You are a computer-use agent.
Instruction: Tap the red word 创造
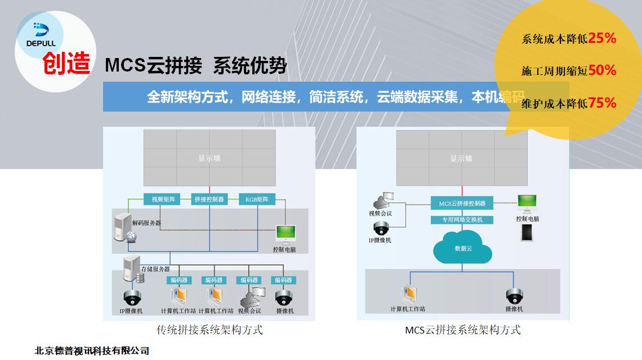[x=66, y=64]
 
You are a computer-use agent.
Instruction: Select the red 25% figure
[x=602, y=38]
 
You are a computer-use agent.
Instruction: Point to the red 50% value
[x=602, y=70]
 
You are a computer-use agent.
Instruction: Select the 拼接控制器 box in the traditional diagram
[x=209, y=199]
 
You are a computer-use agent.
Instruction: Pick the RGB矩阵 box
[x=257, y=199]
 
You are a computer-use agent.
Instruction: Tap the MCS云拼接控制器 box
[x=462, y=203]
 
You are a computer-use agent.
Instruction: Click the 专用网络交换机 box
[x=462, y=220]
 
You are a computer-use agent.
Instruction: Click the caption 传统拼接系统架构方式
[x=209, y=330]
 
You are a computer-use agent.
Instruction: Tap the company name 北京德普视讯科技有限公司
[x=92, y=350]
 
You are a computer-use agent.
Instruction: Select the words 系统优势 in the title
[x=249, y=66]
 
